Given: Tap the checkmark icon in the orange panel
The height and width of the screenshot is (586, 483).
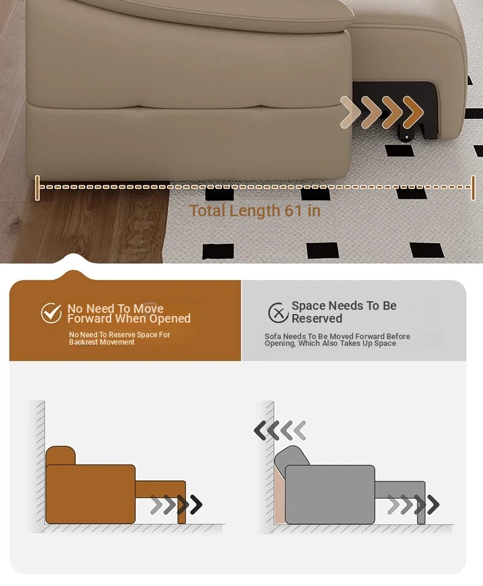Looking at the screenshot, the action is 51,313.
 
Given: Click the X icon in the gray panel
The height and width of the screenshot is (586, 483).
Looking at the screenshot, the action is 278,313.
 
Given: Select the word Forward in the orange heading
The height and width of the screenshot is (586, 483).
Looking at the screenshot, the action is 90,318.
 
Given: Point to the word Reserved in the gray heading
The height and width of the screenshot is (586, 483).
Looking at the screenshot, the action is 317,318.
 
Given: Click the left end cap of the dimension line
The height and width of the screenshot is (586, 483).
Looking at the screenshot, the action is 37,188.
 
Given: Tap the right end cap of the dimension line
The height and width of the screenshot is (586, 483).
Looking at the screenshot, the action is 473,188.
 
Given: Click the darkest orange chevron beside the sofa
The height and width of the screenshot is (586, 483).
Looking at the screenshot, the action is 413,111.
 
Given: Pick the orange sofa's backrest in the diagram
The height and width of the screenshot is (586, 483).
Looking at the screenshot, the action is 61,456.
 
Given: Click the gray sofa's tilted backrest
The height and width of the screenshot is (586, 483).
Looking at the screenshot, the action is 292,456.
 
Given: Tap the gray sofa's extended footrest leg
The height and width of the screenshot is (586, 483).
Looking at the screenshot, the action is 421,503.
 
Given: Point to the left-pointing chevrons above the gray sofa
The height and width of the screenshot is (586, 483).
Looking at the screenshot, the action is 280,430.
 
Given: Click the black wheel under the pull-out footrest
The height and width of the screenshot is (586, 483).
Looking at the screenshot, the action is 407,137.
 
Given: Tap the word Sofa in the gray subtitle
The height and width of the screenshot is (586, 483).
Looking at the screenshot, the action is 273,336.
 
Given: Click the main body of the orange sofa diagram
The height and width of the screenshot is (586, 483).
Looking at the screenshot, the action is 90,494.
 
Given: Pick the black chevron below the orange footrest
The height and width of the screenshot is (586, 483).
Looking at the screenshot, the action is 196,505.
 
